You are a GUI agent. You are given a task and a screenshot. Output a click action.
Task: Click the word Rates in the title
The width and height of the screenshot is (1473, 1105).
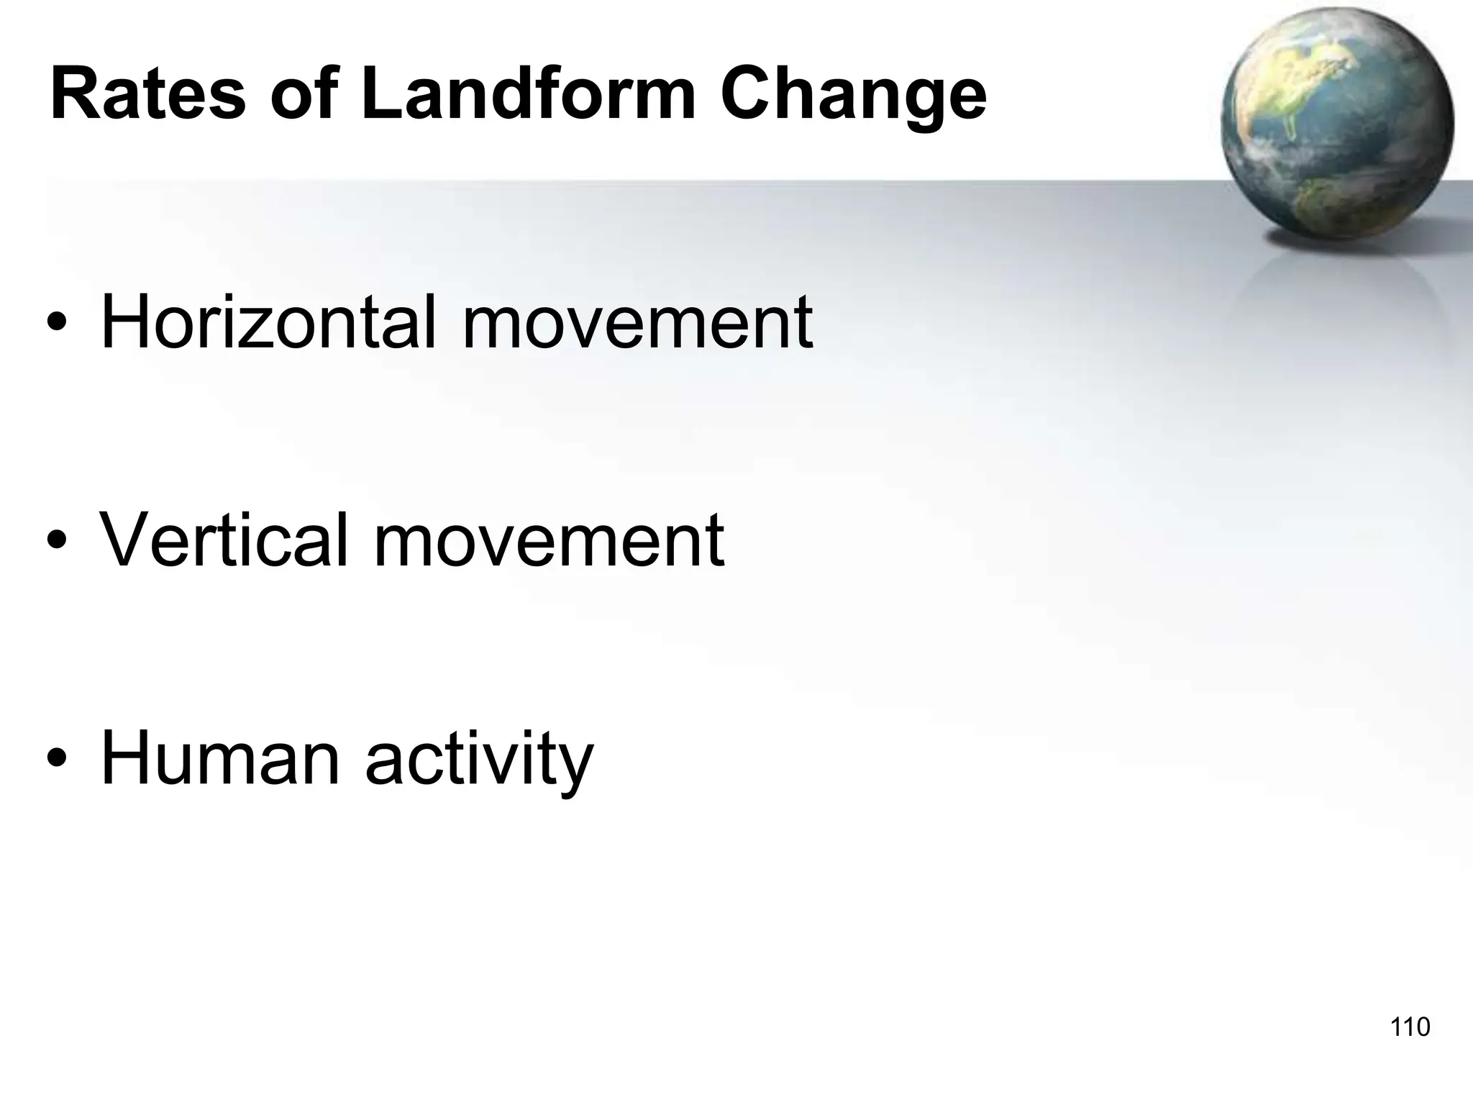(x=148, y=94)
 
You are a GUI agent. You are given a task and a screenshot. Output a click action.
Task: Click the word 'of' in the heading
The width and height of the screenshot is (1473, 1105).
(x=303, y=94)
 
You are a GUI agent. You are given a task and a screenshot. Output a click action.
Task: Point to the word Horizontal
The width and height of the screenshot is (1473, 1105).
(x=268, y=322)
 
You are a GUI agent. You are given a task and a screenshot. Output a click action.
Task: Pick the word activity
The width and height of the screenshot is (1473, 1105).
(x=479, y=761)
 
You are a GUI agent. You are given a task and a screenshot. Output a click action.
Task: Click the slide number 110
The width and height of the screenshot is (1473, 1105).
(x=1410, y=1027)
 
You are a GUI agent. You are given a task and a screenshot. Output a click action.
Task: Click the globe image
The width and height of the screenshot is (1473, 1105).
(x=1336, y=126)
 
